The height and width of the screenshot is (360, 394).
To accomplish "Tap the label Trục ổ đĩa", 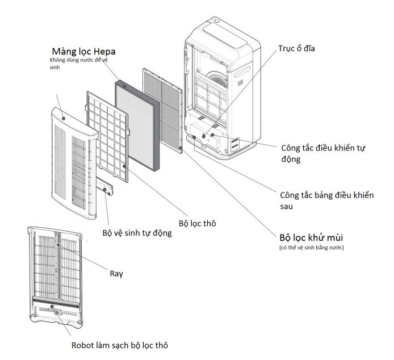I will point(296,49).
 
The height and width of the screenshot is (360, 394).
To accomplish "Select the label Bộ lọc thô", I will point(197,224).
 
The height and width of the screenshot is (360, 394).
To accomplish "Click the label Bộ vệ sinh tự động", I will point(137,233).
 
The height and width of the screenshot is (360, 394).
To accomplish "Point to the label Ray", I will point(116,274).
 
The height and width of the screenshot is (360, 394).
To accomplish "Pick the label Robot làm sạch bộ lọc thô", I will point(120,345).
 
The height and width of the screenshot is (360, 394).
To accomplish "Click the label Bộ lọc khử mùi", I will point(311,237).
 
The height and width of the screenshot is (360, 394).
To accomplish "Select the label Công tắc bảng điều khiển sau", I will point(326,200).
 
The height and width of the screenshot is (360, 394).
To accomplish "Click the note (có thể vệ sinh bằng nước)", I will point(312,248).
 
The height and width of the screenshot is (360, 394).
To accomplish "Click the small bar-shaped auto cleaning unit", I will point(104,188).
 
